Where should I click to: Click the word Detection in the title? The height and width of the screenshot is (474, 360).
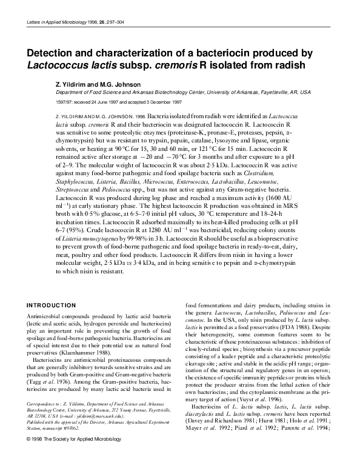tap(58, 53)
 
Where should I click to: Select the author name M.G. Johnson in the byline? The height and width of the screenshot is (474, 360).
tap(113, 84)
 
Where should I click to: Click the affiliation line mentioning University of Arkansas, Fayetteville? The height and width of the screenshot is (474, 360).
tap(182, 93)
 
